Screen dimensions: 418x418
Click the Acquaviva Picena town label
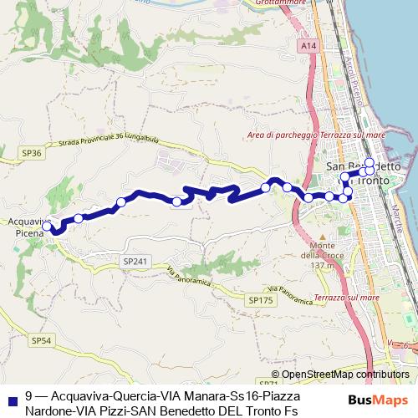coord(30,228)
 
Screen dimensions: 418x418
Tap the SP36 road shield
coord(33,154)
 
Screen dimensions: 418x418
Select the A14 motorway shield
coord(308,45)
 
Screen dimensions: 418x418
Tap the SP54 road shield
coord(41,340)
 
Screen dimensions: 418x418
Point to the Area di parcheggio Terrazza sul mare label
coord(316,135)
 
